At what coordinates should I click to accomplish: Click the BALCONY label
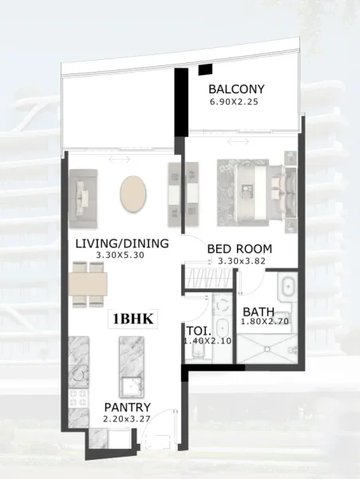pyautogui.click(x=236, y=89)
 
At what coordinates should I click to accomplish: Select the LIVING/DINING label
pyautogui.click(x=122, y=243)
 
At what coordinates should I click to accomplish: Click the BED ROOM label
pyautogui.click(x=239, y=248)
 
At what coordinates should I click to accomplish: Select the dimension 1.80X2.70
pyautogui.click(x=268, y=322)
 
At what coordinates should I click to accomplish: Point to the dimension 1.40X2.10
pyautogui.click(x=208, y=341)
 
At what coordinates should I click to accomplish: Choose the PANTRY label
pyautogui.click(x=128, y=407)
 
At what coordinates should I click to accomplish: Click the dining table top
pyautogui.click(x=88, y=283)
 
